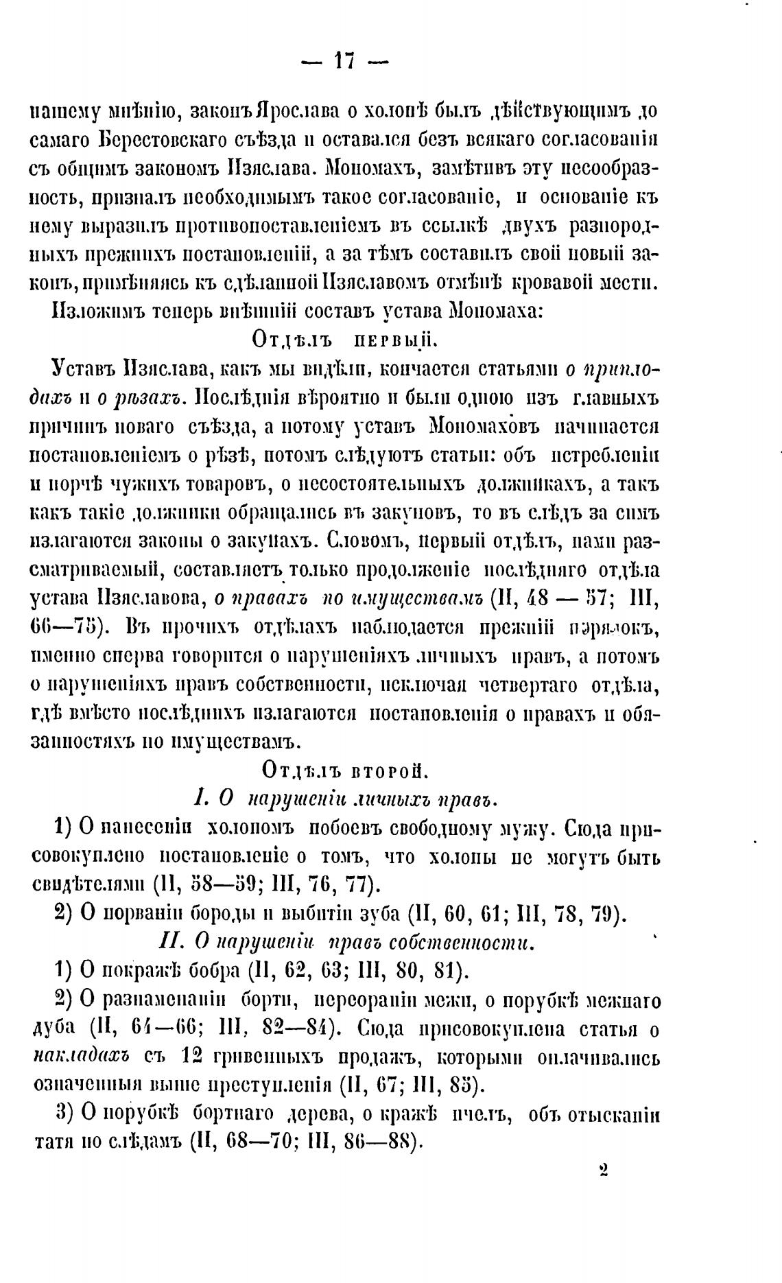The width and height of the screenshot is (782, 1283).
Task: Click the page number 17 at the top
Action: point(344,62)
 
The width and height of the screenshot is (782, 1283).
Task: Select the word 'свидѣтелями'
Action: point(89,886)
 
